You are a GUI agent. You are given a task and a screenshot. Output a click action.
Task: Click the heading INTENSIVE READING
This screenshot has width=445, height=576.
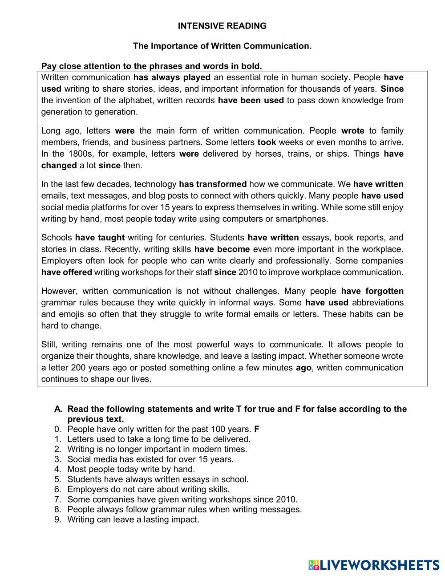[x=222, y=26]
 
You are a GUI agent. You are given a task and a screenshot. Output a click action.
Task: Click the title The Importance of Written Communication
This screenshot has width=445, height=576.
[x=222, y=46]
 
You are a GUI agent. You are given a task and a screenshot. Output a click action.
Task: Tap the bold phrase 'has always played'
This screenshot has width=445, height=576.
[x=172, y=77]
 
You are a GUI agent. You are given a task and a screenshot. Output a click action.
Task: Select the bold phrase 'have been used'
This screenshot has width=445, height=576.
[x=251, y=100]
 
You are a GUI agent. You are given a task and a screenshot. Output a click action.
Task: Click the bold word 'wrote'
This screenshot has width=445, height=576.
[x=352, y=130]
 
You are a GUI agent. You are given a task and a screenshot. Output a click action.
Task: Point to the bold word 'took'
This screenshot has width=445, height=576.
[x=267, y=142]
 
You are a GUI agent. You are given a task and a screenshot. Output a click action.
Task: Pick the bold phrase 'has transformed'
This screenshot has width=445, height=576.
[x=213, y=184]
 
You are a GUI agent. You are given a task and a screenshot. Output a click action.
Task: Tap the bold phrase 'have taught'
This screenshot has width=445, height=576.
[x=100, y=237]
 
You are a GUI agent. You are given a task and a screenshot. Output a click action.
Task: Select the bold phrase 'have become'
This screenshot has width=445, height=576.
[x=222, y=249]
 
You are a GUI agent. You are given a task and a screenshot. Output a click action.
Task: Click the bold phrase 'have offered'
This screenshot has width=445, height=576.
[x=67, y=272]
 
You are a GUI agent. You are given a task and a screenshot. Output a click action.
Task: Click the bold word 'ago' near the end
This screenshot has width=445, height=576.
[x=303, y=367]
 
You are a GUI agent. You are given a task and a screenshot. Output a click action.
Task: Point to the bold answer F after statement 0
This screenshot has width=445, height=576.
[x=257, y=429]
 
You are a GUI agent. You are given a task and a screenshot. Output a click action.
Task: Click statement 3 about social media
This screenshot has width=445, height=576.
[x=150, y=459]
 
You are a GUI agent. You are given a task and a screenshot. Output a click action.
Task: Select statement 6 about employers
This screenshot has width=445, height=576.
[x=149, y=489]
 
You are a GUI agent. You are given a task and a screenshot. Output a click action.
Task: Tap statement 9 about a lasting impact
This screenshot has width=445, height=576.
[x=133, y=519]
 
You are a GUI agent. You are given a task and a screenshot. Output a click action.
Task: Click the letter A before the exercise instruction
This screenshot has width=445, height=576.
[x=58, y=409]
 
